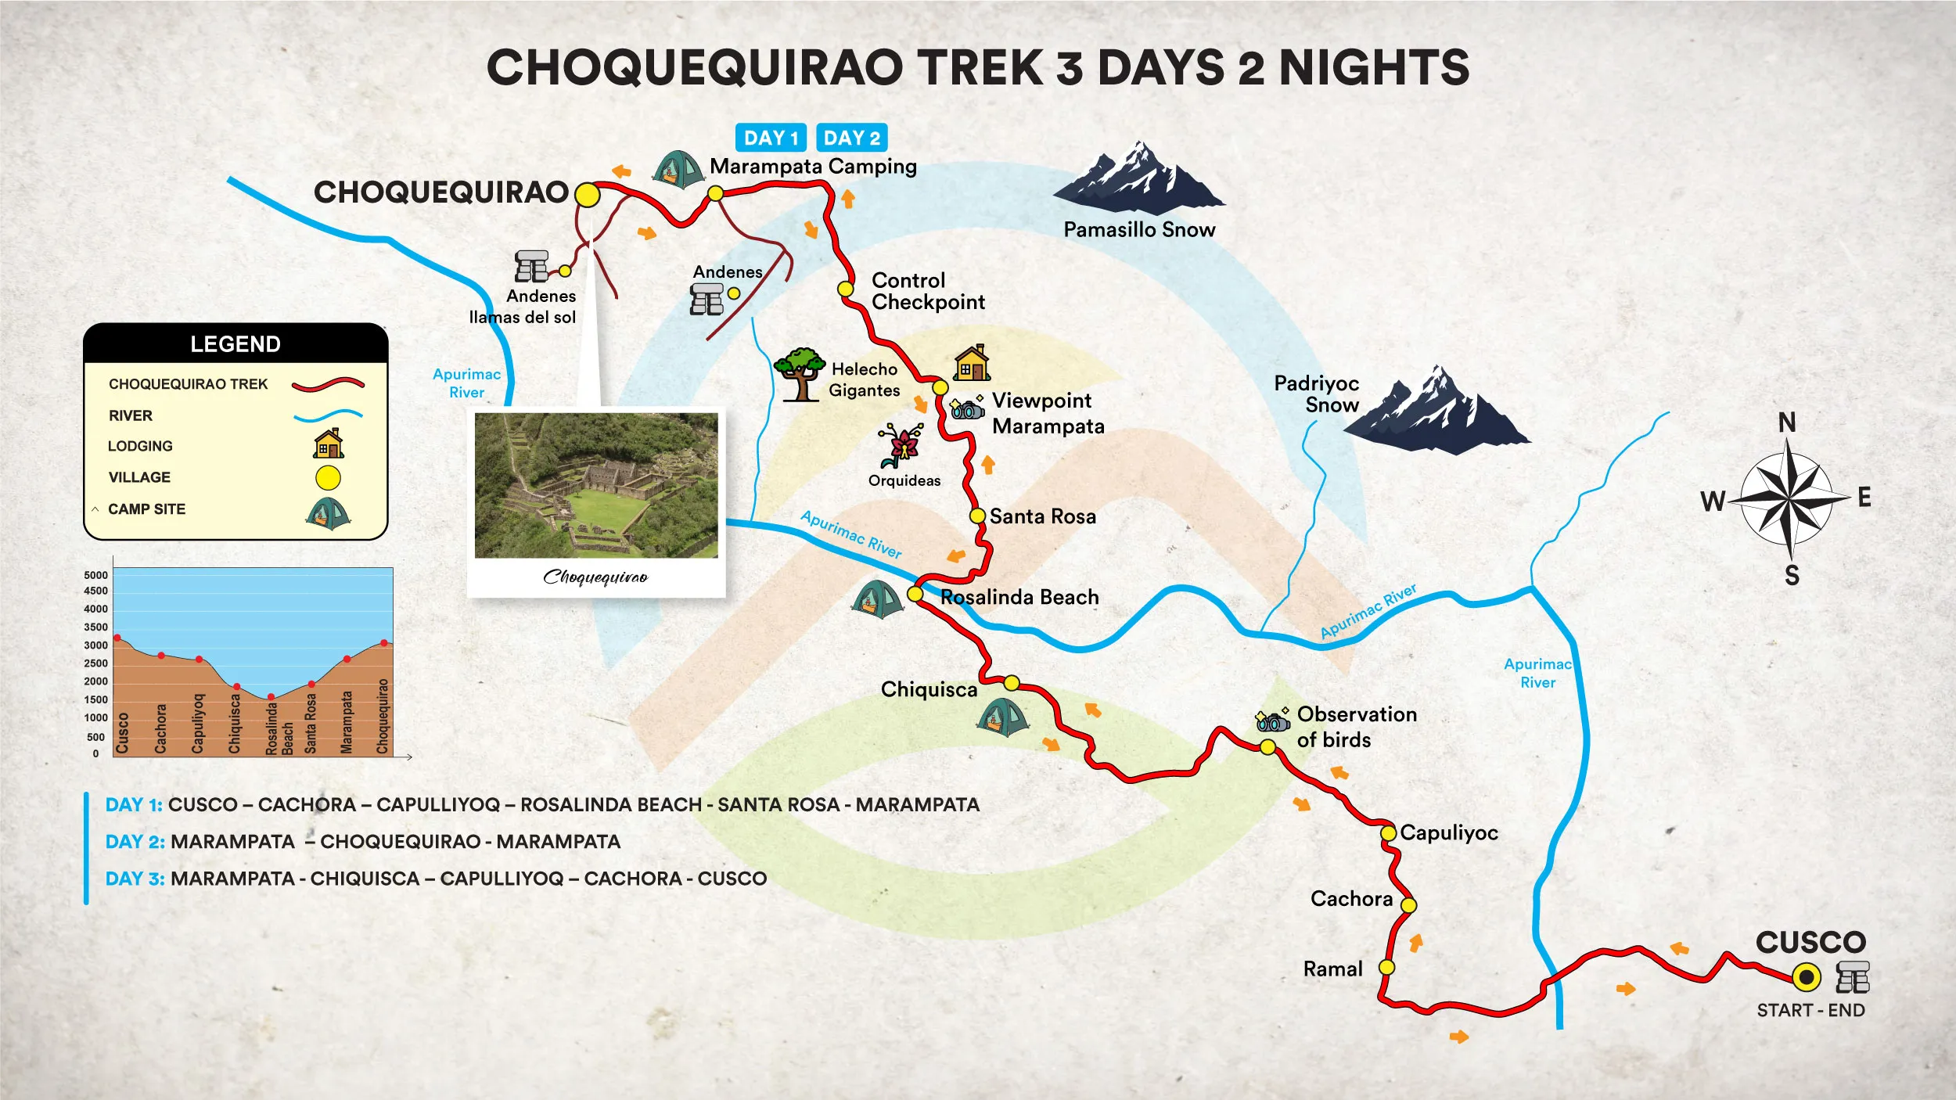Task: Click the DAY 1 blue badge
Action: [770, 138]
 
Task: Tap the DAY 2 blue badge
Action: [851, 138]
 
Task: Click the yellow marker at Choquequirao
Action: [587, 195]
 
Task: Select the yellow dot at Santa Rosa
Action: [977, 516]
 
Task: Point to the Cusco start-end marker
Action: [1806, 977]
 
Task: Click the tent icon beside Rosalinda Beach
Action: [877, 600]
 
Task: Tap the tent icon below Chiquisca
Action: [1001, 717]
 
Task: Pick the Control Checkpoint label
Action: [928, 291]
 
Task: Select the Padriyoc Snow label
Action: [1316, 394]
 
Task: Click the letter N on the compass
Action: [1787, 423]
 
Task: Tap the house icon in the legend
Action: [329, 444]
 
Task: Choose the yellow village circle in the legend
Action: [328, 477]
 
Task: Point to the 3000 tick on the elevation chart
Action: [96, 645]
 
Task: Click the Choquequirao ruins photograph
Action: [596, 486]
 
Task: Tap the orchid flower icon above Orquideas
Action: [903, 445]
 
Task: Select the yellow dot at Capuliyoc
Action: [1388, 833]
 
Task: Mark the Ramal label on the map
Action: [1332, 969]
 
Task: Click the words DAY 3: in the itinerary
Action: [135, 879]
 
